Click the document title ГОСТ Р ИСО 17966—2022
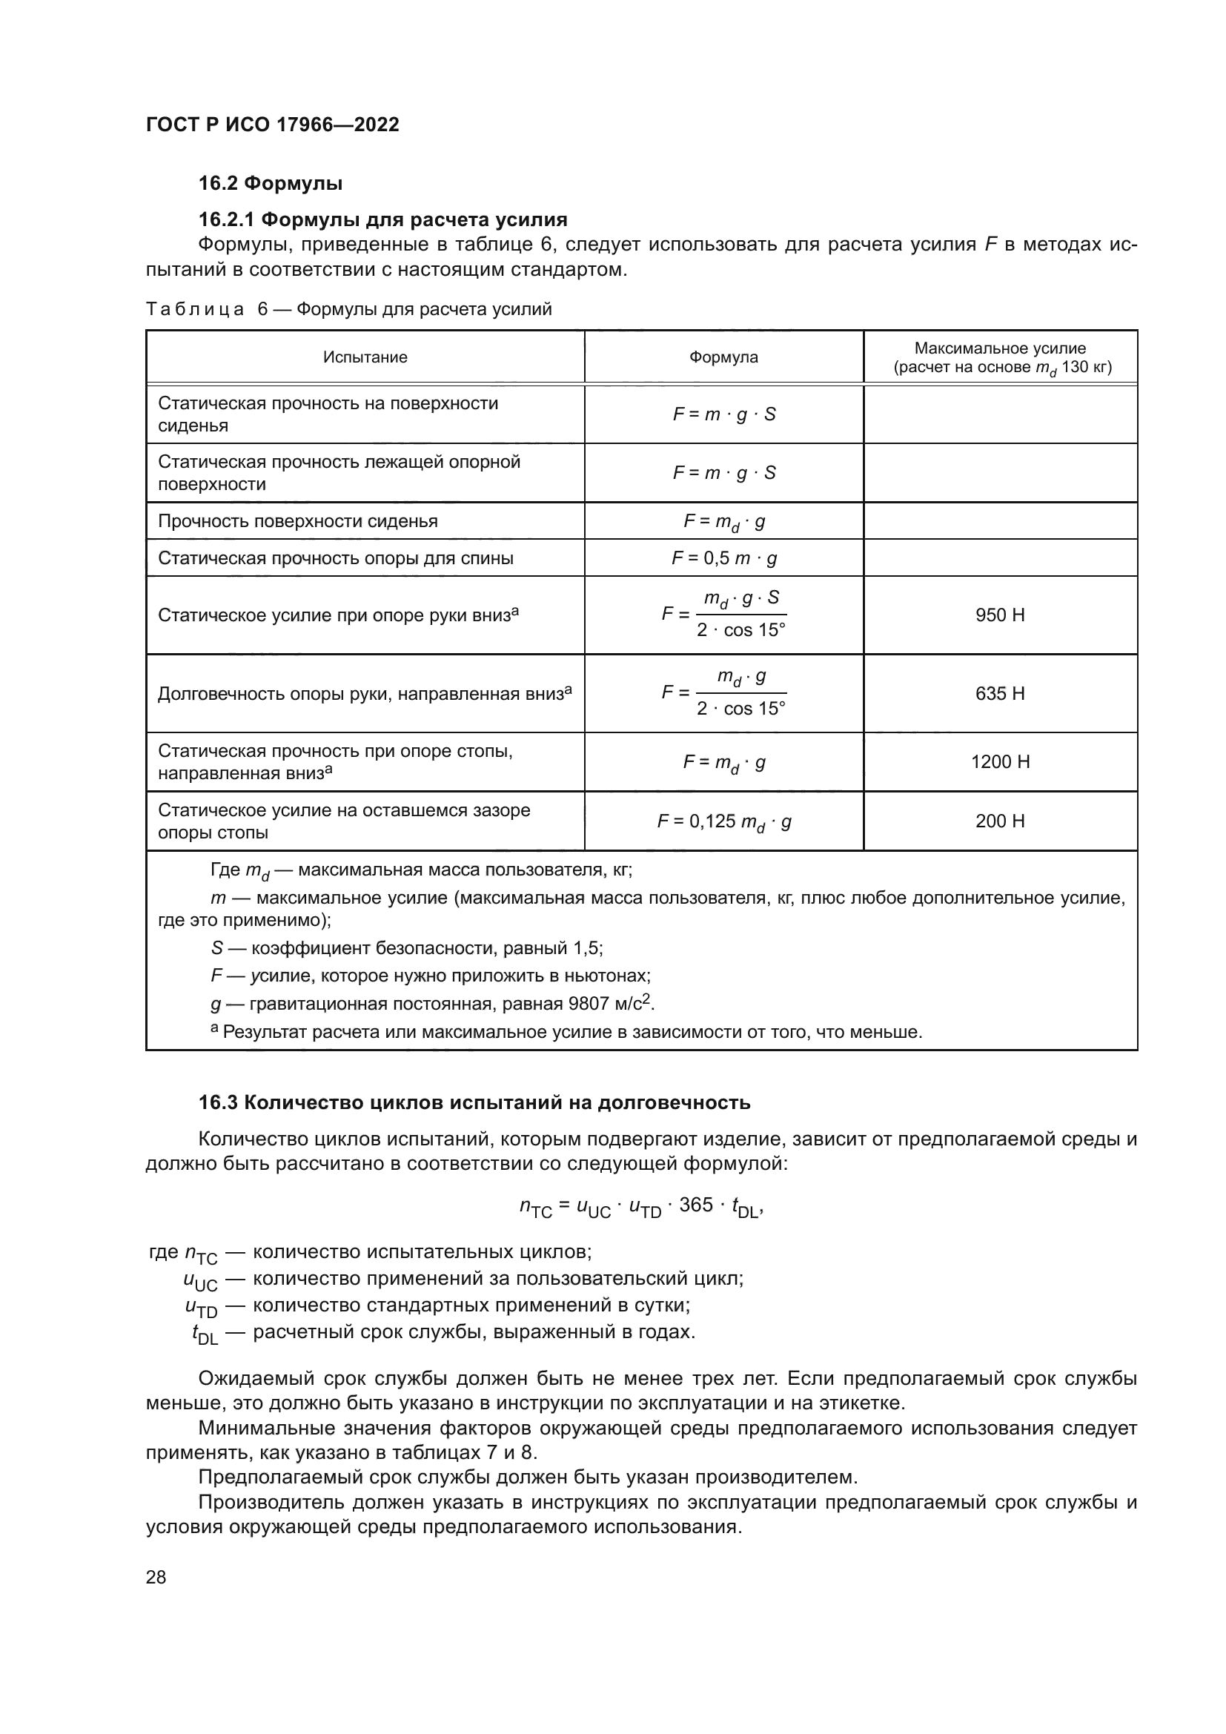[x=273, y=125]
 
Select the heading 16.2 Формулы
[x=271, y=184]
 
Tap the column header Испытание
[x=365, y=357]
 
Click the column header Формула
[x=723, y=357]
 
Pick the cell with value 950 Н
[x=999, y=615]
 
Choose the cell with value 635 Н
[x=999, y=693]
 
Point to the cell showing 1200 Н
[x=999, y=761]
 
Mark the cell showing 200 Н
[x=999, y=821]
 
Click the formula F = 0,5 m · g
[x=724, y=558]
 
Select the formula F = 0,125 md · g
[x=724, y=821]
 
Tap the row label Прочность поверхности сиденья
[x=297, y=521]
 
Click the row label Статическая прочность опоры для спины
[x=335, y=558]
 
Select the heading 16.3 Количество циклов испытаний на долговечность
[x=474, y=1102]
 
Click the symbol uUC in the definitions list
[x=200, y=1281]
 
